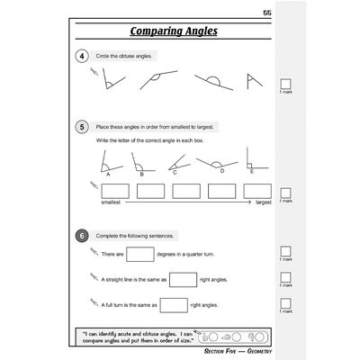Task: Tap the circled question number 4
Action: [x=82, y=56]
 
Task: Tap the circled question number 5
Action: [x=82, y=127]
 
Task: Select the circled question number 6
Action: [x=82, y=235]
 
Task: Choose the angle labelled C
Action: [x=181, y=164]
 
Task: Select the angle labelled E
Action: [x=251, y=163]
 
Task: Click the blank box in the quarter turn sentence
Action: [x=140, y=256]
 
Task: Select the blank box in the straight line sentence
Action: [x=182, y=279]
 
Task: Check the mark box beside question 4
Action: [x=285, y=84]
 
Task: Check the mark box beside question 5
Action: [x=285, y=193]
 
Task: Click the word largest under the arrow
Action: [x=263, y=203]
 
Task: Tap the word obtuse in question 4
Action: [x=130, y=56]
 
